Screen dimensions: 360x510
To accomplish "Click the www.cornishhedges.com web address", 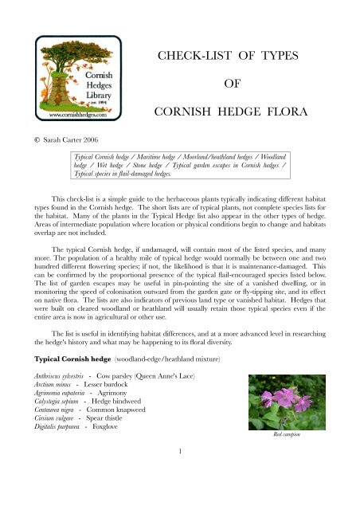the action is coord(66,116).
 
